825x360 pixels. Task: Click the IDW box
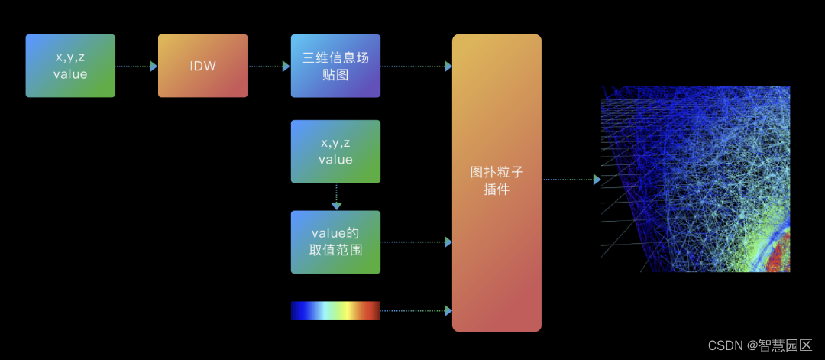pyautogui.click(x=202, y=66)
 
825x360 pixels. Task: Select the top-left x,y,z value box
pyautogui.click(x=70, y=66)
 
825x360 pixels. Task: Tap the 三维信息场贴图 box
pyautogui.click(x=335, y=66)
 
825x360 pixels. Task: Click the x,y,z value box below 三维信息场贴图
pyautogui.click(x=335, y=151)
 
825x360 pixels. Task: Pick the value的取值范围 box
pyautogui.click(x=335, y=242)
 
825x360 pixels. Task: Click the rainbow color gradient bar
pyautogui.click(x=335, y=310)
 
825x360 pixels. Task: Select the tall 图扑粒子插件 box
pyautogui.click(x=497, y=183)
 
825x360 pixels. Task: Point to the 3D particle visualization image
pyautogui.click(x=695, y=179)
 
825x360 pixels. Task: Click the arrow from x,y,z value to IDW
pyautogui.click(x=137, y=66)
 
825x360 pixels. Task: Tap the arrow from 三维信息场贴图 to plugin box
pyautogui.click(x=416, y=66)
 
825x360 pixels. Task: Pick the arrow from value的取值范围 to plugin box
pyautogui.click(x=416, y=242)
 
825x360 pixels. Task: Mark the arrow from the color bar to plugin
pyautogui.click(x=416, y=311)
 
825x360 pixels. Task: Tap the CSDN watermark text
pyautogui.click(x=759, y=345)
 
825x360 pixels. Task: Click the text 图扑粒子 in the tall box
pyautogui.click(x=497, y=173)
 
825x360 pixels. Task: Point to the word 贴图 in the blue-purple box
pyautogui.click(x=335, y=74)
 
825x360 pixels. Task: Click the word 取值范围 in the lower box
pyautogui.click(x=335, y=250)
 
